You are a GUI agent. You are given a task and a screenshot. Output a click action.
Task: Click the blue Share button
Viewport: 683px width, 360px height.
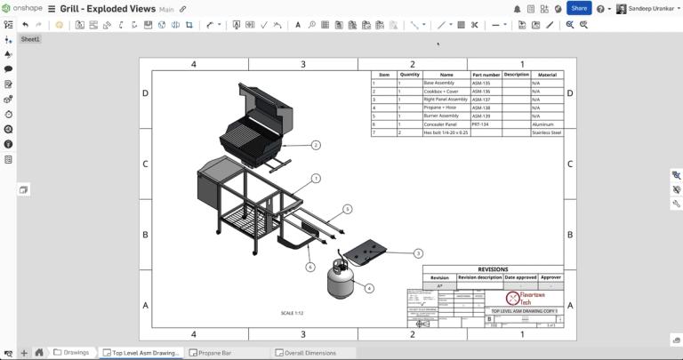(x=579, y=8)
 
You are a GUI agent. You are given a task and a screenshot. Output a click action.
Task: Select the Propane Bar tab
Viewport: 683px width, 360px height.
(x=214, y=353)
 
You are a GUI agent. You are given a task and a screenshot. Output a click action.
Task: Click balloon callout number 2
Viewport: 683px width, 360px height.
(x=315, y=144)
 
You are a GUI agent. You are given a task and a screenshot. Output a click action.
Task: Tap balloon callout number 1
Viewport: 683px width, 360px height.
(x=315, y=179)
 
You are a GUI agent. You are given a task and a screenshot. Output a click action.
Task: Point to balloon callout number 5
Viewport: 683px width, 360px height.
(x=348, y=209)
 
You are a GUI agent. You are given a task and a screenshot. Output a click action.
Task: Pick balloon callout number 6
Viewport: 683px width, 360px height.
(x=310, y=267)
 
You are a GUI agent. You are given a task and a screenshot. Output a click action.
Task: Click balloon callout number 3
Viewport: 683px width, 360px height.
(x=418, y=253)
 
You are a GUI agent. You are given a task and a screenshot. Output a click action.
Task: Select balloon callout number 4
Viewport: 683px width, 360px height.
(x=369, y=288)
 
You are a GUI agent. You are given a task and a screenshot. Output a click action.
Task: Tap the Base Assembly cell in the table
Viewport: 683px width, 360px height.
(x=439, y=84)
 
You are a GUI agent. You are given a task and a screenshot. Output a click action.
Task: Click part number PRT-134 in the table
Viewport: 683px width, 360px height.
(x=481, y=124)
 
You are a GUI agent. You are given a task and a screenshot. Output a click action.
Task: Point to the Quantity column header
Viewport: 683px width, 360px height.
(x=410, y=75)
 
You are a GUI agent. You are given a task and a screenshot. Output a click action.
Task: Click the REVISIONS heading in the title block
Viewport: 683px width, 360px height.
(x=493, y=269)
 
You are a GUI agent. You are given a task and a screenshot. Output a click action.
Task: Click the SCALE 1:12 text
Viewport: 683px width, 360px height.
(x=293, y=313)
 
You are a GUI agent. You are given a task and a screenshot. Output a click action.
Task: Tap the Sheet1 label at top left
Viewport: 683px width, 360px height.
(x=30, y=40)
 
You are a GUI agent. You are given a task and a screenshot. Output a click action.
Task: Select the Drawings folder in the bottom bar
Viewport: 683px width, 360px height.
(x=71, y=353)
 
